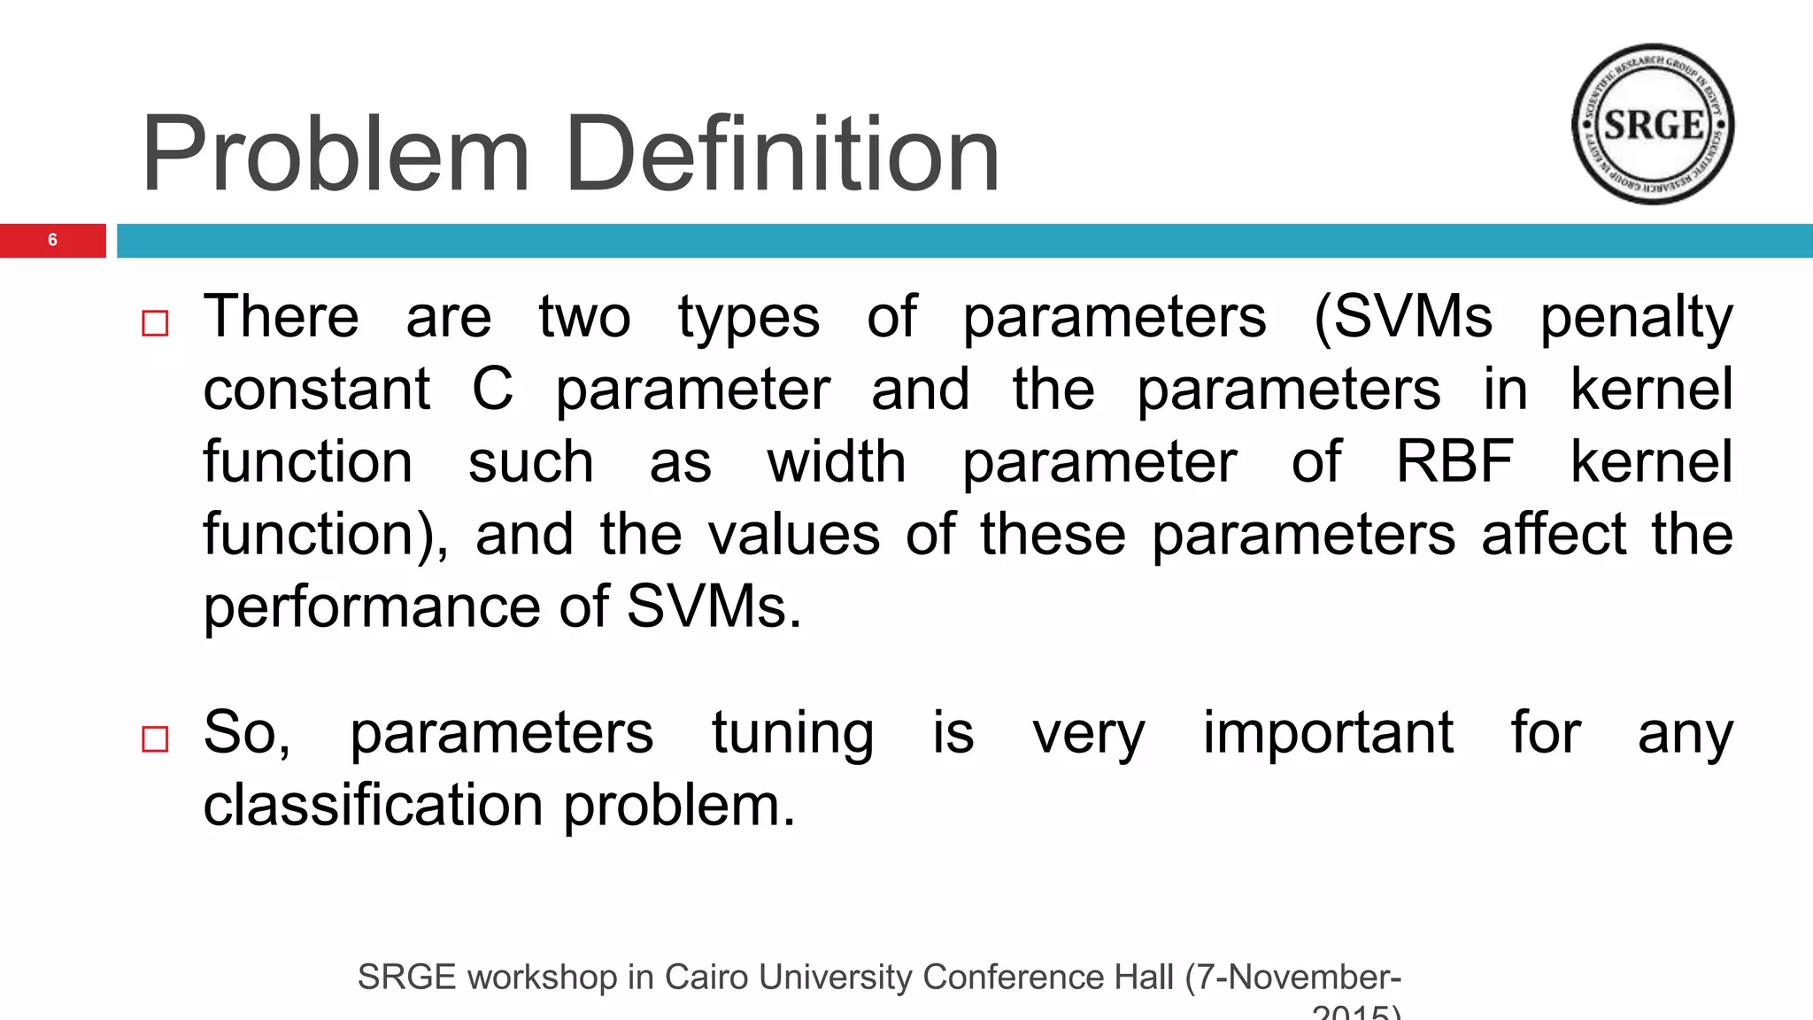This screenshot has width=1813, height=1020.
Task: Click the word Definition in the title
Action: [x=783, y=155]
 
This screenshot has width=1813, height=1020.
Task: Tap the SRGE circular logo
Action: [x=1652, y=124]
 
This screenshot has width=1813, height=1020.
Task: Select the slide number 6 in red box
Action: [x=52, y=240]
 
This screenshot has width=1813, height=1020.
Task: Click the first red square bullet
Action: [x=155, y=323]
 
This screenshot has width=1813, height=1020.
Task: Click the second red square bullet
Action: [x=155, y=738]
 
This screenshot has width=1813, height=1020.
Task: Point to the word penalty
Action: [x=1636, y=317]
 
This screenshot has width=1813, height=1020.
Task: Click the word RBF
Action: [x=1454, y=461]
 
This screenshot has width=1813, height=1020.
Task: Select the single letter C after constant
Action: [x=492, y=389]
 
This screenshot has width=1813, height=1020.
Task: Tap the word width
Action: [x=837, y=461]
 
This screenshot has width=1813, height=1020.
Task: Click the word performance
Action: [x=369, y=607]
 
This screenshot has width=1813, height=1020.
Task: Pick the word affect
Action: [x=1554, y=534]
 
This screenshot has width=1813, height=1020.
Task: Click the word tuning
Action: [x=792, y=733]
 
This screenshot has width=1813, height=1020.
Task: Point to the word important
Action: [x=1327, y=733]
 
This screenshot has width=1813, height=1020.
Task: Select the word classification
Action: [x=373, y=805]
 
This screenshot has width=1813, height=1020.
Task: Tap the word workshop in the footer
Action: [x=542, y=977]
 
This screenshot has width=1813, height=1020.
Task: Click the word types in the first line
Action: [x=749, y=317]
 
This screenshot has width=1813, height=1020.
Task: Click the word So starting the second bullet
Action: [x=245, y=733]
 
